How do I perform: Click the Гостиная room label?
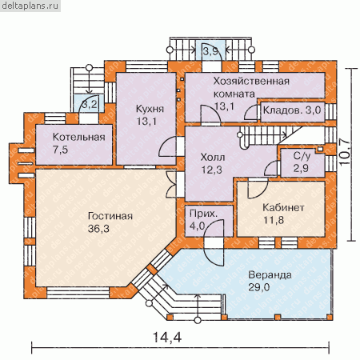coord(110,216)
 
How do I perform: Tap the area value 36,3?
coord(98,229)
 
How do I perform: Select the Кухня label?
coord(150,109)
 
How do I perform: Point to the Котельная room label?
coord(79,137)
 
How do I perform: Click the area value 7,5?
coord(60,150)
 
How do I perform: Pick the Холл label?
coord(213,157)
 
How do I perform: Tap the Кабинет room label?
coord(283,207)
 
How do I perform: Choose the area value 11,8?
coord(274,220)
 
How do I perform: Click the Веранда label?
coord(270,274)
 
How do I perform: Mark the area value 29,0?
coord(259,287)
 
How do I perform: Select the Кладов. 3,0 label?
coord(292,110)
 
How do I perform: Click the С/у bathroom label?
coord(302,156)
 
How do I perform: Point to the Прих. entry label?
coord(203,214)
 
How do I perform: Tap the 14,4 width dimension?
coord(167,337)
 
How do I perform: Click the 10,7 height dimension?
coord(346,152)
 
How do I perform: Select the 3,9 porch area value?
coord(210,51)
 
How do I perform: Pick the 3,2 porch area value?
coord(90,104)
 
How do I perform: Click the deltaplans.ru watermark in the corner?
coord(30,6)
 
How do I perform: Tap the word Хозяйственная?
coord(251,81)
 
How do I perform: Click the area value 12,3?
coord(212,170)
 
